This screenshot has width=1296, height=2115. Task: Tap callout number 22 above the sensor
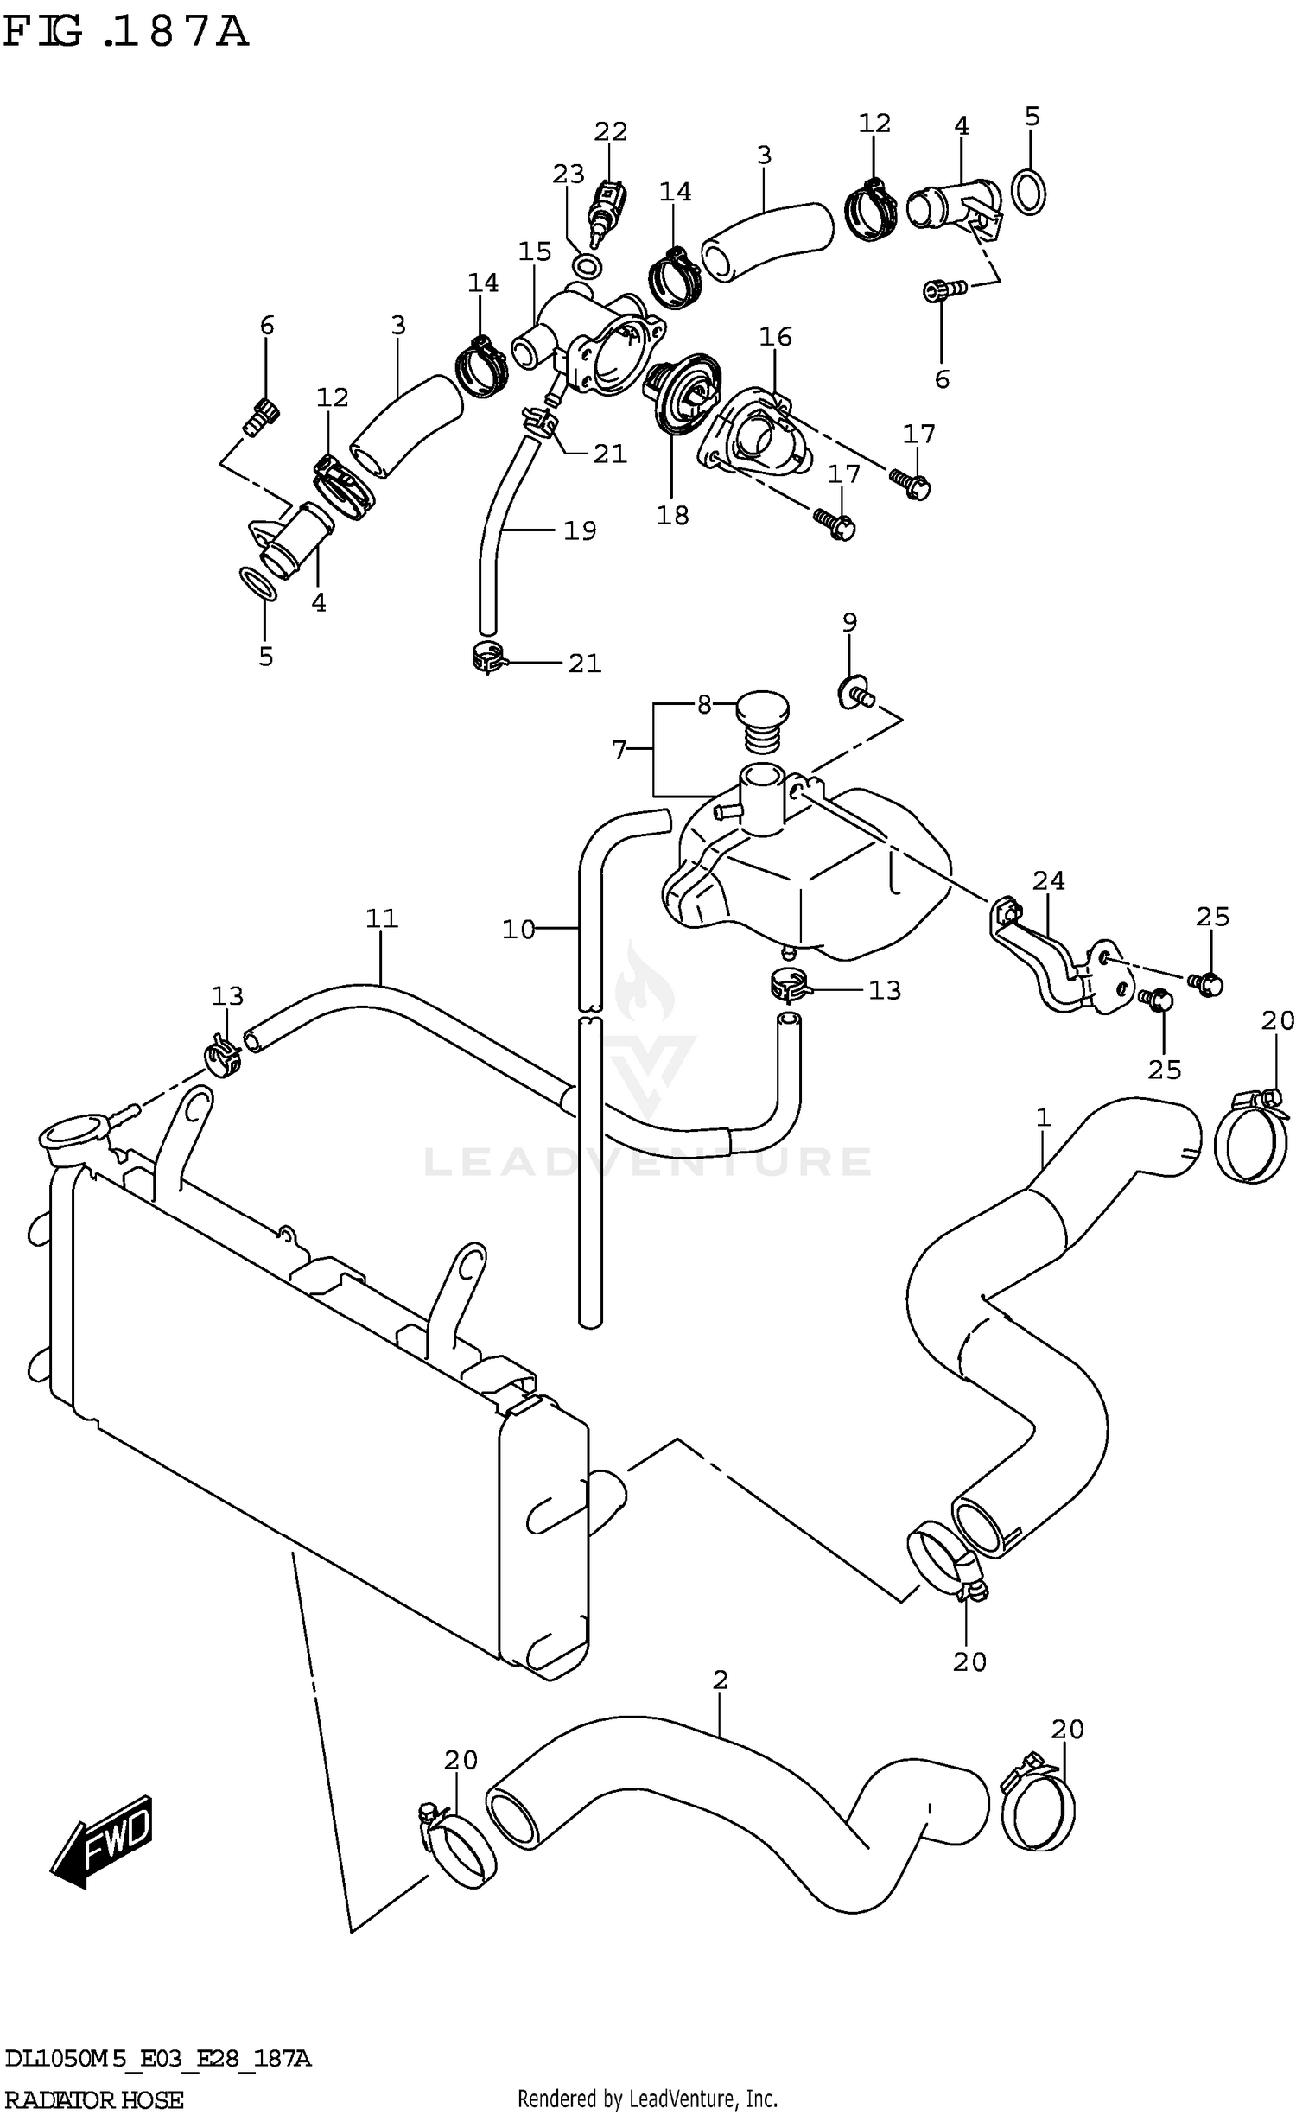pyautogui.click(x=610, y=131)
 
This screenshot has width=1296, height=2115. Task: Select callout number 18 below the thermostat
pyautogui.click(x=672, y=515)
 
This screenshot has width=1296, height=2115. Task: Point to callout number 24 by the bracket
pyautogui.click(x=1049, y=880)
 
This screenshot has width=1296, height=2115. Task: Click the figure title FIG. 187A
pyautogui.click(x=126, y=32)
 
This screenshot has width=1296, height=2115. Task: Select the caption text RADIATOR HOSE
pyautogui.click(x=93, y=2099)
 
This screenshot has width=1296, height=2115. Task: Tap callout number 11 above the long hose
pyautogui.click(x=381, y=918)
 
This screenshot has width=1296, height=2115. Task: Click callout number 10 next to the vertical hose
pyautogui.click(x=518, y=930)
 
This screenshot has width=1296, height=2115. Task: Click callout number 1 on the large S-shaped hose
pyautogui.click(x=1043, y=1117)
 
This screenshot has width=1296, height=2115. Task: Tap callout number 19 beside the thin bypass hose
pyautogui.click(x=580, y=530)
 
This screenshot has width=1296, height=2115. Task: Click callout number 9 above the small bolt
pyautogui.click(x=849, y=621)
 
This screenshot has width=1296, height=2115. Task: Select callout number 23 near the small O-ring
pyautogui.click(x=569, y=175)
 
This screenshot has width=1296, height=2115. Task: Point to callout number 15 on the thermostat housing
pyautogui.click(x=535, y=251)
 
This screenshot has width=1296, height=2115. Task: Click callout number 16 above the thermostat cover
pyautogui.click(x=775, y=336)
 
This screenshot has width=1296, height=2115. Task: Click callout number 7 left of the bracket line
pyautogui.click(x=619, y=750)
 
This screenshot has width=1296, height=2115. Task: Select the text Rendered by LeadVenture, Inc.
pyautogui.click(x=647, y=2098)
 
